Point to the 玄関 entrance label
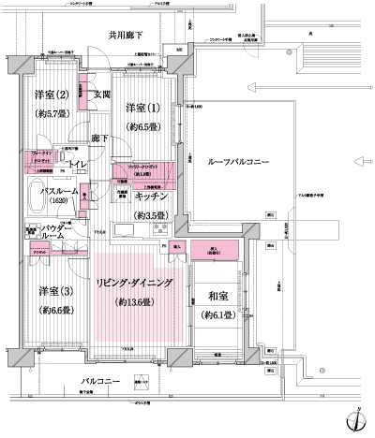click(x=102, y=94)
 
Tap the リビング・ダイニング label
click(x=136, y=282)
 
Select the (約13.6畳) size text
click(x=136, y=302)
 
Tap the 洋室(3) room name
click(x=56, y=291)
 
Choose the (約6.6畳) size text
click(x=56, y=310)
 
